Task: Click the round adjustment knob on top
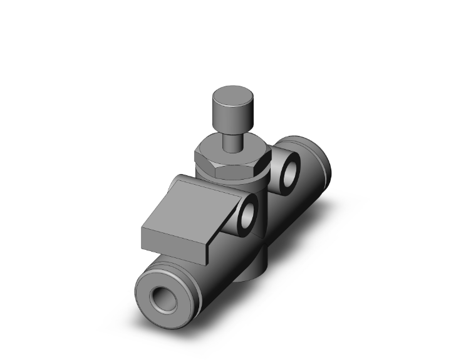click(x=230, y=109)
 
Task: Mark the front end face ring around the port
click(x=150, y=294)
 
